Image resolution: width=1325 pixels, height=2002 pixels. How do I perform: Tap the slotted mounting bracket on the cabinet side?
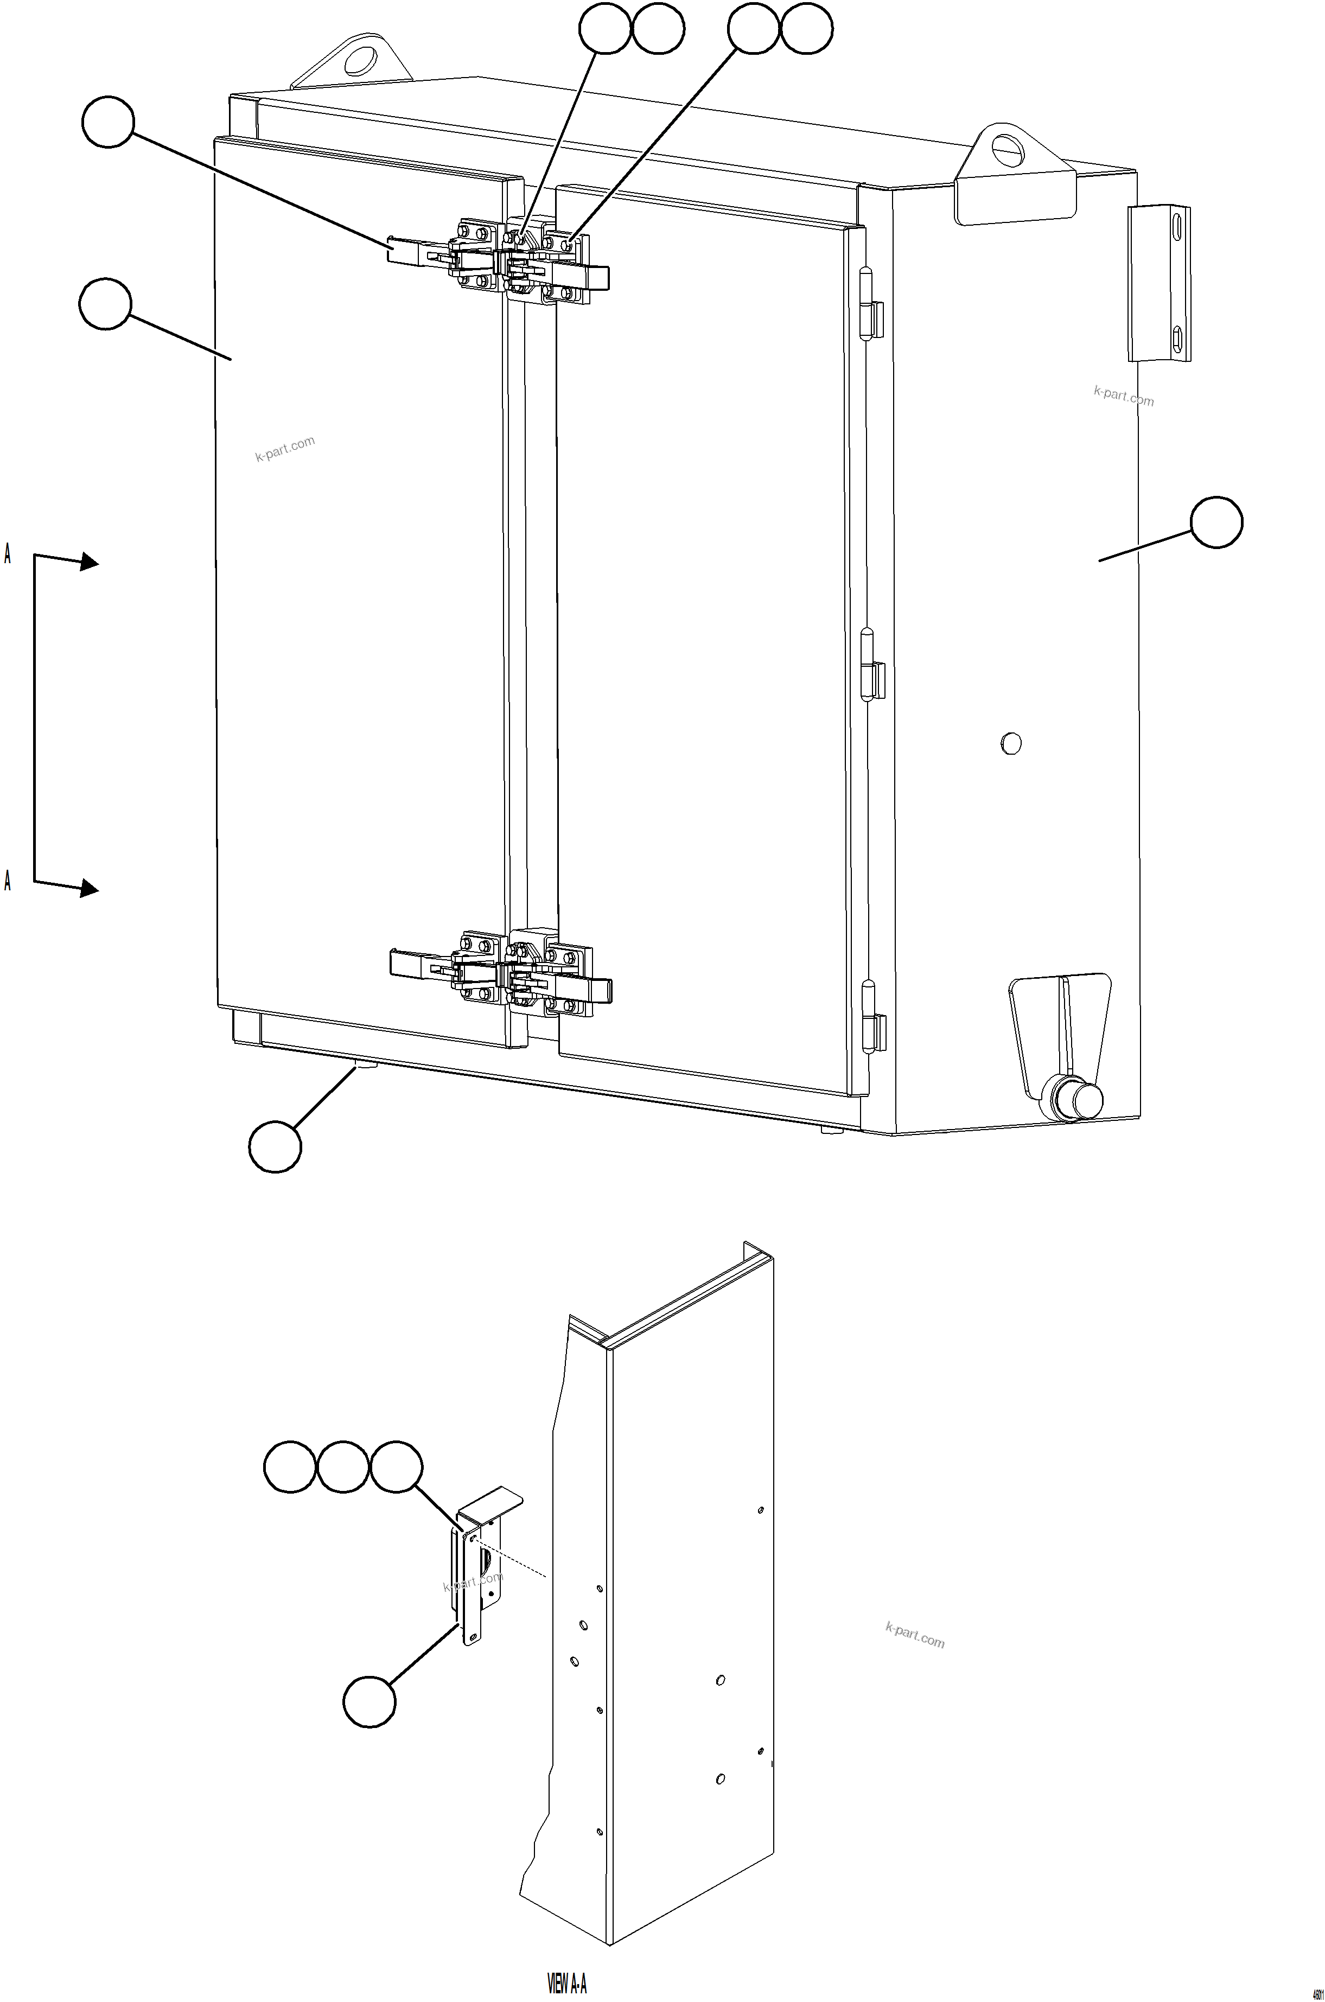(1160, 283)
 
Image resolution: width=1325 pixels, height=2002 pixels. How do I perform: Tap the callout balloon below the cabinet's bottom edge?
(275, 1146)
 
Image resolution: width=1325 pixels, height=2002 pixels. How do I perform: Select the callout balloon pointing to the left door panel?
(105, 304)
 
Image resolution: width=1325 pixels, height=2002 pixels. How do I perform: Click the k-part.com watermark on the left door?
(285, 449)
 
